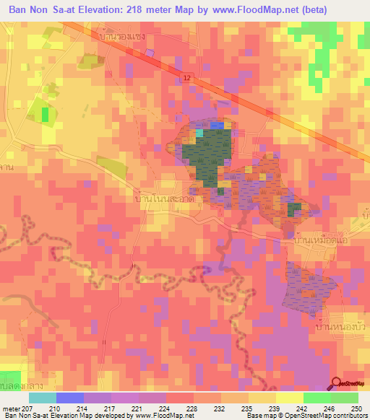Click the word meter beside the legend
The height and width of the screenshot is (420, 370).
tap(12, 408)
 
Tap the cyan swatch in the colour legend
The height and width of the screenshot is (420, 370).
tap(42, 398)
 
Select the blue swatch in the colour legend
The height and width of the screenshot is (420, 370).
tap(69, 398)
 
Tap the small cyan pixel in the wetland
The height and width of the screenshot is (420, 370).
tap(200, 132)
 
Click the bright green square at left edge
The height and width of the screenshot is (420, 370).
tap(46, 114)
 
